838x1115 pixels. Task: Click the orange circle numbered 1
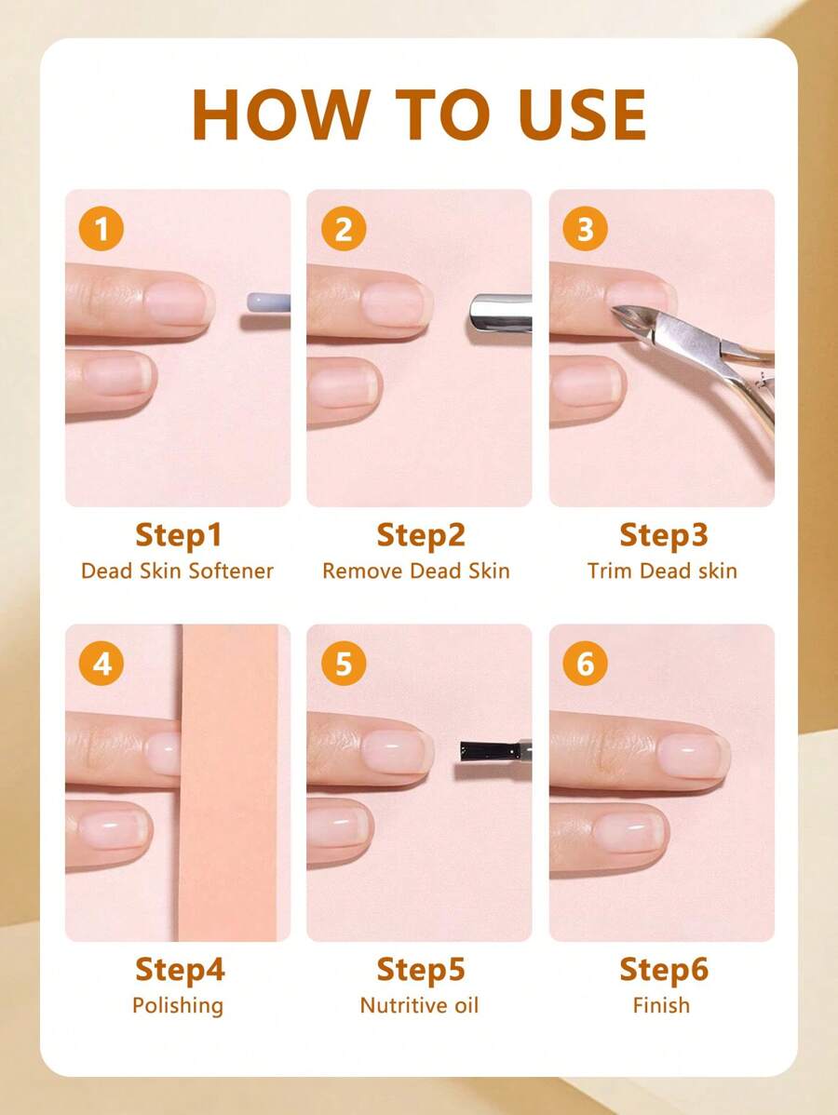tap(101, 229)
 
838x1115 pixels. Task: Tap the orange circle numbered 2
tap(344, 229)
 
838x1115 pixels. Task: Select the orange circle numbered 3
tap(585, 229)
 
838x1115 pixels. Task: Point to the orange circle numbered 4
tap(101, 664)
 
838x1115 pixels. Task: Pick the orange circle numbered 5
tap(344, 664)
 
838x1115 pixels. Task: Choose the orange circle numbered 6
tap(585, 664)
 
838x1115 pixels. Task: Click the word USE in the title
tap(582, 114)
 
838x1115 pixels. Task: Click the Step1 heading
tap(179, 535)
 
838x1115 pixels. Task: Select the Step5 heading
tap(421, 970)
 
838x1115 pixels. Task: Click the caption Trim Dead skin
tap(662, 571)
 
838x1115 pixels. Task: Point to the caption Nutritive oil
tap(419, 1005)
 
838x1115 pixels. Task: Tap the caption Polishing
tap(178, 1006)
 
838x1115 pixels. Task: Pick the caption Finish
tap(662, 1005)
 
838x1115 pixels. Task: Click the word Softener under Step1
tap(230, 571)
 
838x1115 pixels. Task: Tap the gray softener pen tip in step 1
tap(268, 302)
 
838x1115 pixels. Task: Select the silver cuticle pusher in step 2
tap(500, 313)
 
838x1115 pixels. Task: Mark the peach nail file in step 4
tap(227, 782)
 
